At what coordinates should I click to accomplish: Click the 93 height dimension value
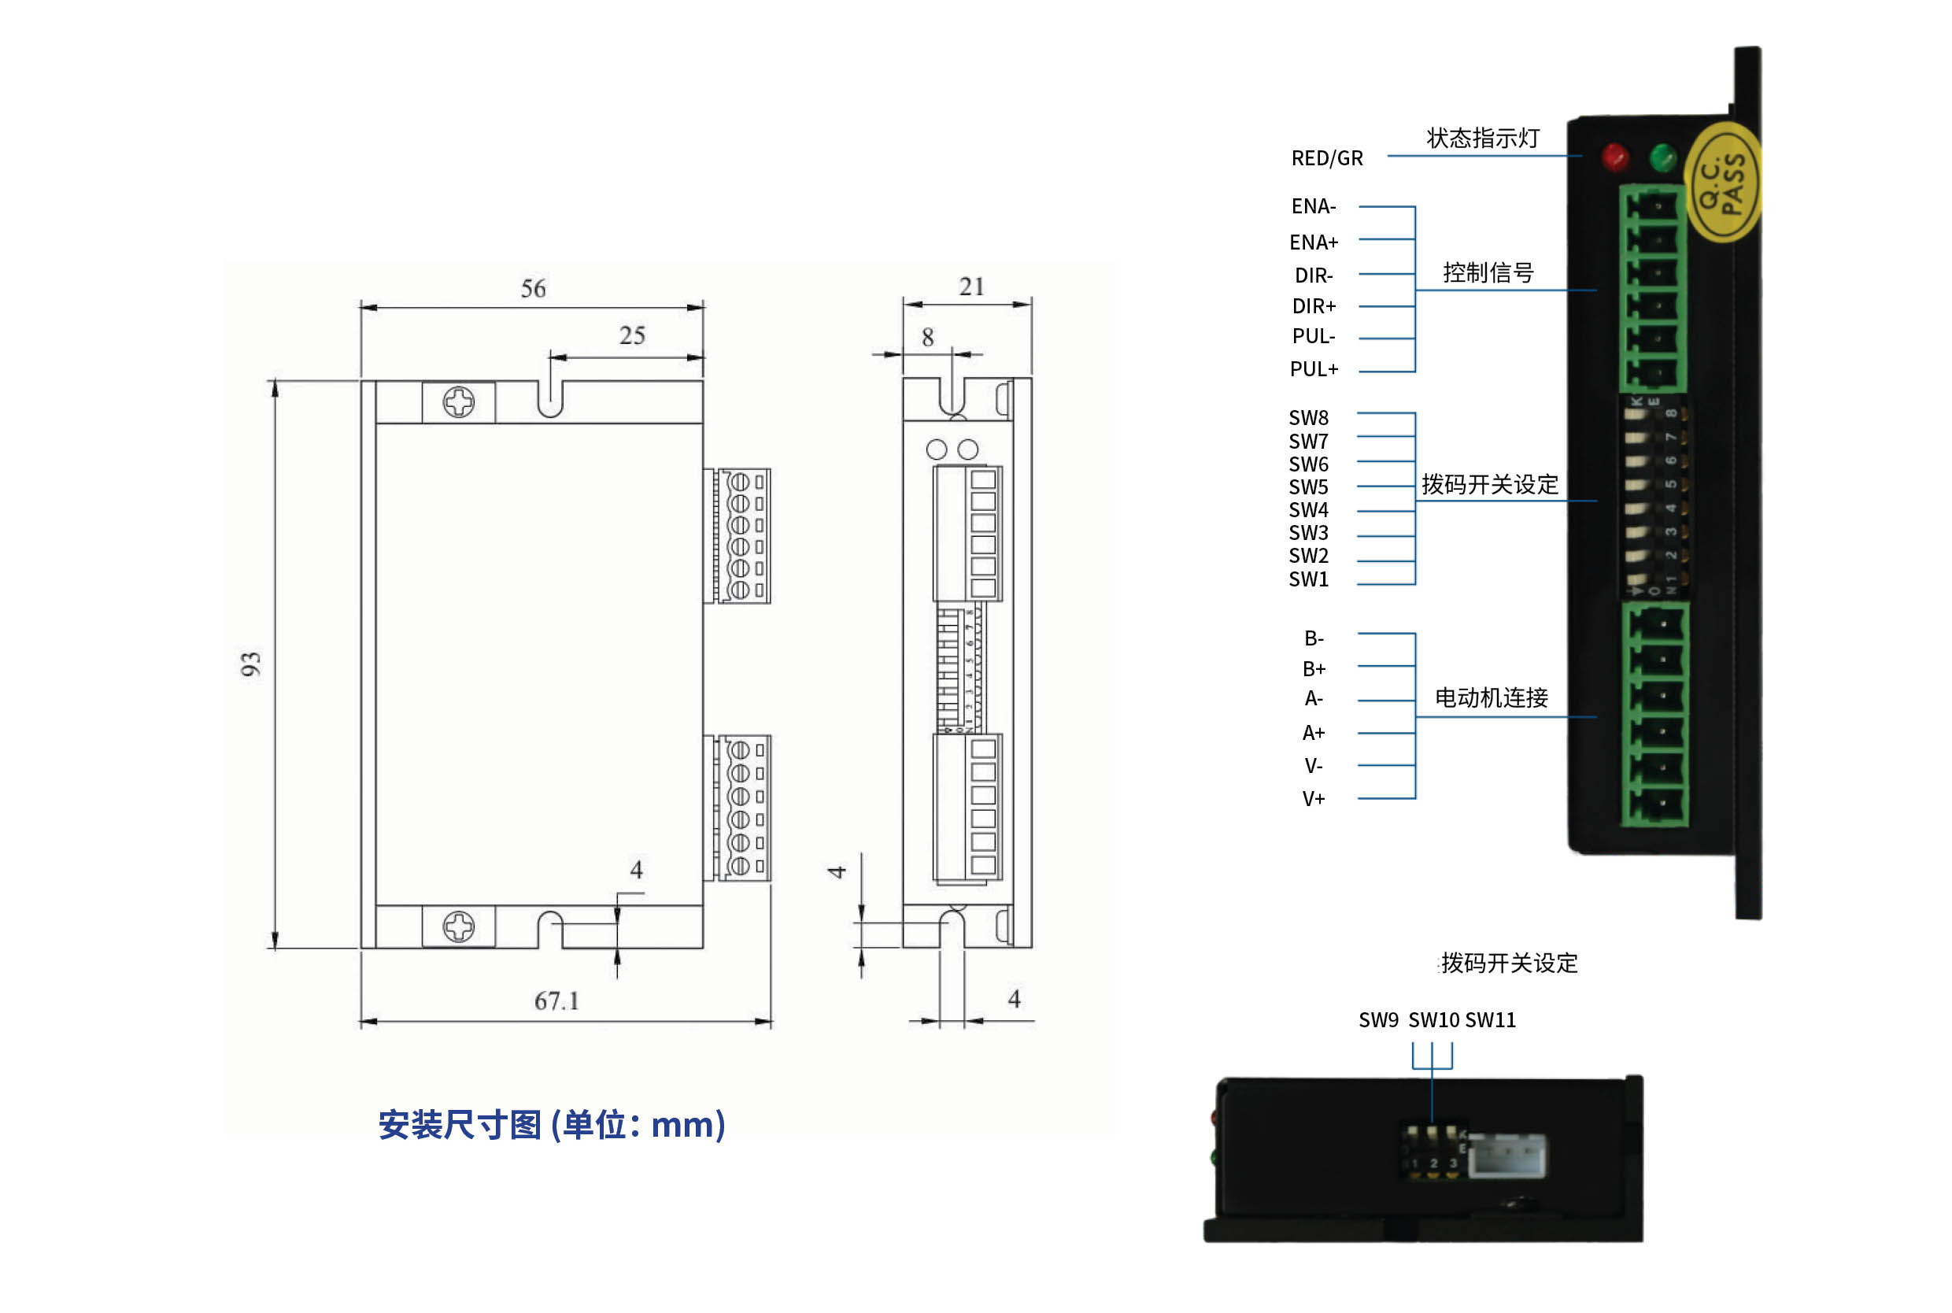click(x=250, y=664)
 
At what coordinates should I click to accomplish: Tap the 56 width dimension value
click(x=533, y=289)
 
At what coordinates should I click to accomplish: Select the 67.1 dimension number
click(x=556, y=1000)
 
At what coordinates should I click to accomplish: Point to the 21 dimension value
click(x=971, y=287)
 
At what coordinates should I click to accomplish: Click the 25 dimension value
click(x=632, y=336)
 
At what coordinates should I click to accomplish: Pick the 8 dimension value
click(x=927, y=338)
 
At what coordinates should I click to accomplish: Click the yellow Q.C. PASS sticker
click(x=1723, y=183)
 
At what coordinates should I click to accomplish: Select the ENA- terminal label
click(x=1314, y=206)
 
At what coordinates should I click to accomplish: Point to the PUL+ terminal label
click(x=1314, y=369)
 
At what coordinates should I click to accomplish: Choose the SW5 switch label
click(x=1308, y=487)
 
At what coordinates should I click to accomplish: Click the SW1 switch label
click(x=1308, y=579)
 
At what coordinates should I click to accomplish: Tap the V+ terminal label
click(x=1314, y=799)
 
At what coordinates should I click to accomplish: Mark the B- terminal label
click(x=1314, y=639)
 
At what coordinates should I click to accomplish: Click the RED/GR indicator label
click(x=1327, y=158)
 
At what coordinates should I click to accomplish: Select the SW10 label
click(x=1433, y=1020)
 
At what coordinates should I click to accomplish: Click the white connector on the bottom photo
click(x=1507, y=1156)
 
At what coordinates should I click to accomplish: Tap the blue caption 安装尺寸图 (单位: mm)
click(x=552, y=1125)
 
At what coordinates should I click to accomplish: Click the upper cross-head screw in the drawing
click(x=459, y=403)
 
